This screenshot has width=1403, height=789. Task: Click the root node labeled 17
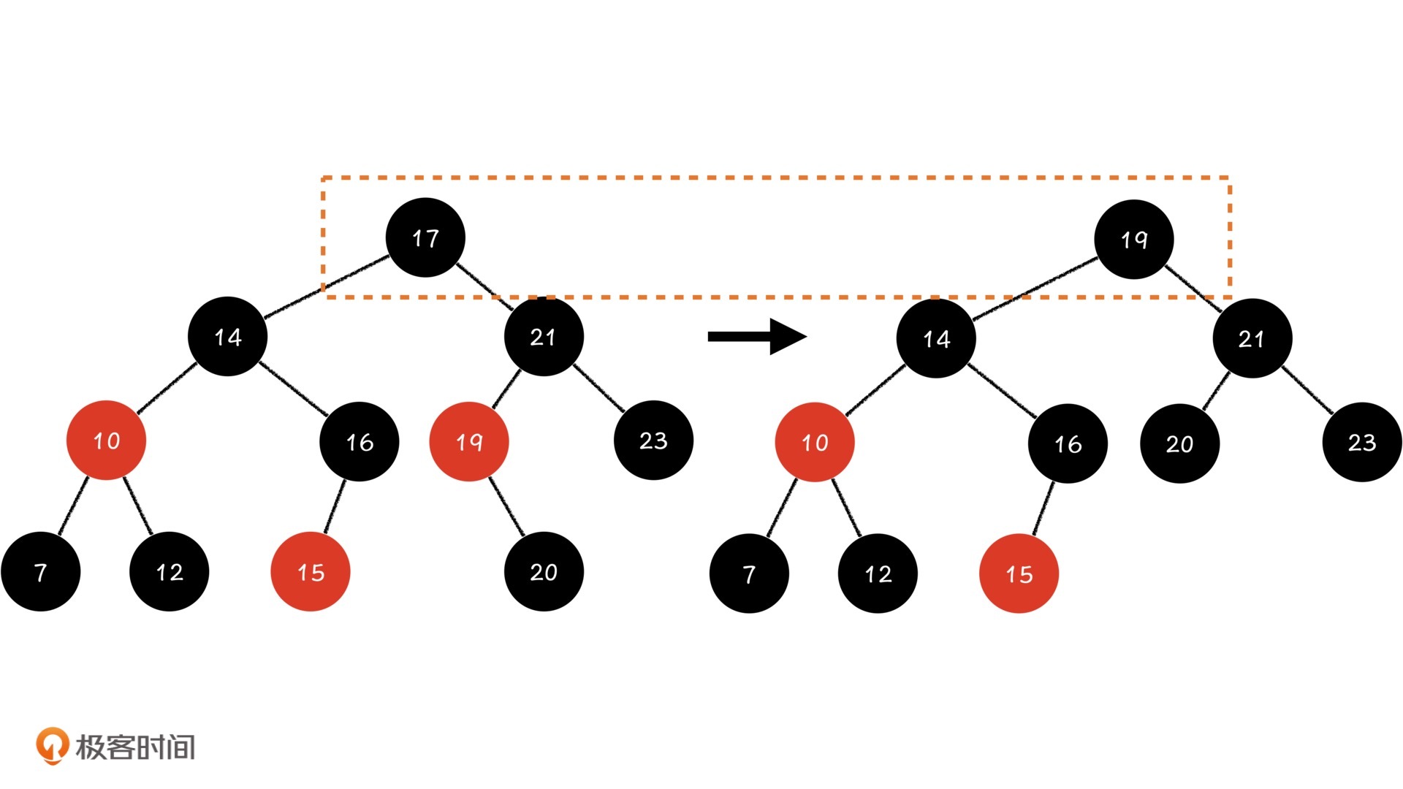(x=425, y=237)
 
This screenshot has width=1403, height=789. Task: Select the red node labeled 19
(x=469, y=441)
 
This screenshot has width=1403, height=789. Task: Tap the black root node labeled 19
(x=1133, y=239)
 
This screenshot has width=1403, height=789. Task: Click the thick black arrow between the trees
(x=756, y=336)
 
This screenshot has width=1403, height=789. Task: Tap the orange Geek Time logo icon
(x=52, y=745)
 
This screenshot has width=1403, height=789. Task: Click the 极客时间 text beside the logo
(x=136, y=747)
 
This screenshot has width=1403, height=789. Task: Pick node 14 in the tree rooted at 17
(x=228, y=336)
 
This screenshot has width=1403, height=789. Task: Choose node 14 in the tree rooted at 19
(x=936, y=338)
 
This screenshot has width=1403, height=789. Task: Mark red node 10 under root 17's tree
(x=107, y=440)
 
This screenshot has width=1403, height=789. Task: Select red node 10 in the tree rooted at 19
(x=815, y=442)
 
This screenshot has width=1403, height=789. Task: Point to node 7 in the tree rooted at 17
(x=41, y=571)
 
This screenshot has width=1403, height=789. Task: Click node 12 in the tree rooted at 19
(x=878, y=573)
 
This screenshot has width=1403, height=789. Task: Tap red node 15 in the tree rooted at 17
(x=311, y=571)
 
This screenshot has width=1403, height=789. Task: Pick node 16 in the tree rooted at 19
(x=1068, y=443)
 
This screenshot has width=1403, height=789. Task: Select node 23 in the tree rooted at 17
(x=653, y=440)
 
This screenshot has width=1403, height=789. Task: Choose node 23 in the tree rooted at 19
(x=1362, y=442)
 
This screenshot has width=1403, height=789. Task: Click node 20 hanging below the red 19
(x=544, y=571)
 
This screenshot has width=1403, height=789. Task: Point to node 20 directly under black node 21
(x=1179, y=443)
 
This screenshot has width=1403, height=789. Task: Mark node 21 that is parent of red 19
(x=544, y=336)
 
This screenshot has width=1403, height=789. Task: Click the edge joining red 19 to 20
(x=506, y=506)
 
